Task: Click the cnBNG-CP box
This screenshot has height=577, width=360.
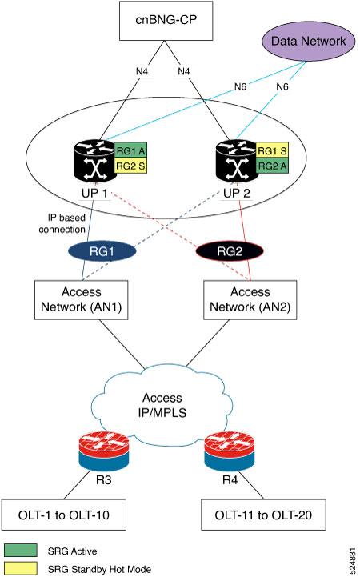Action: pyautogui.click(x=166, y=21)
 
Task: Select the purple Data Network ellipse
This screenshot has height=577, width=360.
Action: pyautogui.click(x=308, y=41)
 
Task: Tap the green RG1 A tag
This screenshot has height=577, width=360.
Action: pyautogui.click(x=130, y=150)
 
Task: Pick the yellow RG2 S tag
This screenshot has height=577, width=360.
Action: pyautogui.click(x=130, y=166)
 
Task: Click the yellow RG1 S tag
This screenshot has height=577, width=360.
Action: pyautogui.click(x=272, y=150)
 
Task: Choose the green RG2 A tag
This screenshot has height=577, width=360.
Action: pyautogui.click(x=272, y=166)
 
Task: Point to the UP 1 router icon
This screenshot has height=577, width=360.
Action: pyautogui.click(x=94, y=161)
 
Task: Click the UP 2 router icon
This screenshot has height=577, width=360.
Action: pyautogui.click(x=236, y=161)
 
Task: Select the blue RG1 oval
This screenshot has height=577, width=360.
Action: pyautogui.click(x=102, y=251)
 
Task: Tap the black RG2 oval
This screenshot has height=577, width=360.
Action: pyautogui.click(x=230, y=251)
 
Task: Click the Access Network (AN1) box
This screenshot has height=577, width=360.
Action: pyautogui.click(x=82, y=300)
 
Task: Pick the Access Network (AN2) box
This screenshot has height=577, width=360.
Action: pyautogui.click(x=250, y=300)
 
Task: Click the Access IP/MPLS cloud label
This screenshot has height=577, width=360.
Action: pyautogui.click(x=162, y=405)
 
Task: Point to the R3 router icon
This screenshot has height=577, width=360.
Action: pyautogui.click(x=104, y=451)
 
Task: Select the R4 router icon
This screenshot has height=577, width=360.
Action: pyautogui.click(x=230, y=451)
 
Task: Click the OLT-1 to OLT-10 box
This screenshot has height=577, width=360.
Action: pyautogui.click(x=64, y=515)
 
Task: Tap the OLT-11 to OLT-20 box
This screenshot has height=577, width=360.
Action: pyautogui.click(x=263, y=515)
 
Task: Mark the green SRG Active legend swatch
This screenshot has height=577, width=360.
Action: pyautogui.click(x=21, y=551)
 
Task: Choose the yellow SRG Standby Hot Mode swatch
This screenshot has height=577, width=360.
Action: pyautogui.click(x=21, y=568)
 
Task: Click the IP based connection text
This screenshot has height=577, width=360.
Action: pyautogui.click(x=62, y=223)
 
